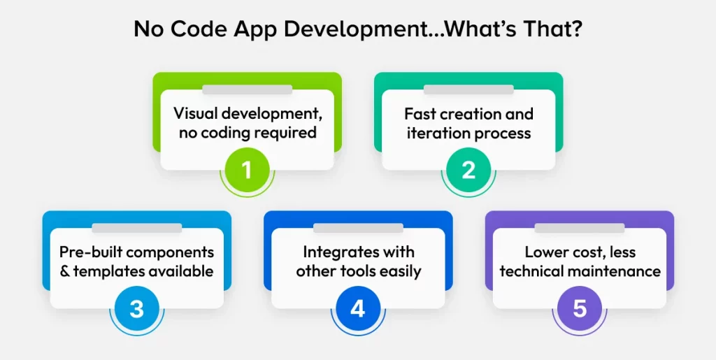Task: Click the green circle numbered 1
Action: tap(247, 169)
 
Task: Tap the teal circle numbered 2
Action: tap(468, 169)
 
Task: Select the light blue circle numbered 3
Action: tap(136, 308)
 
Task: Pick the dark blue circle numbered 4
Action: tap(357, 308)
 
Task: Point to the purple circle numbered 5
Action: tap(579, 308)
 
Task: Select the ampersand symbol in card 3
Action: tap(66, 271)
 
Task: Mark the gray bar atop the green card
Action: tap(247, 89)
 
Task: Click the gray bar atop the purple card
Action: tap(579, 228)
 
